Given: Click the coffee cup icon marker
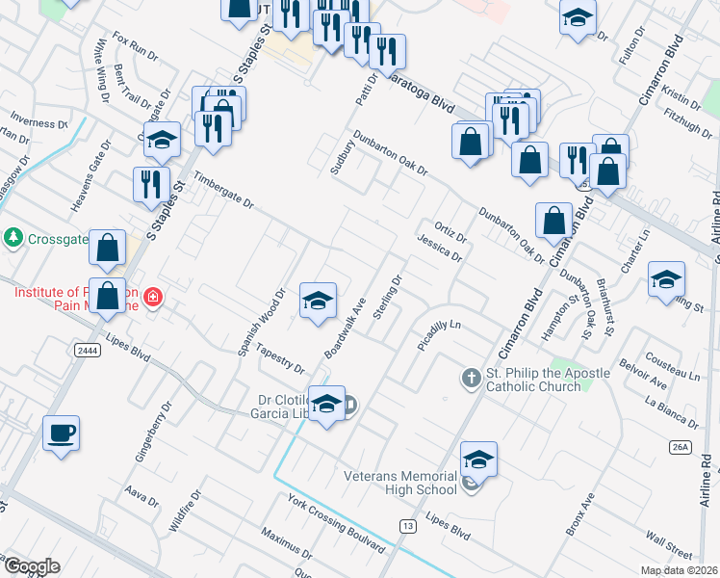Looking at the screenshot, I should click(61, 433).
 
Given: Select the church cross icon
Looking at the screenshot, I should click(471, 377).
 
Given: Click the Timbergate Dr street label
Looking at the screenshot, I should click(222, 191).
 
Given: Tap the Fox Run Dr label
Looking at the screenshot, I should click(135, 46).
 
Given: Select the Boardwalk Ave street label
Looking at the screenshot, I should click(346, 328).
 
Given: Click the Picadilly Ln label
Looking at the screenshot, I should click(441, 331).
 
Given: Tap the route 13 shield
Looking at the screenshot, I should click(409, 525).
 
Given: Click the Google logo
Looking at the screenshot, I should click(31, 566).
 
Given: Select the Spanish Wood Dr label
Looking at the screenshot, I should click(263, 322).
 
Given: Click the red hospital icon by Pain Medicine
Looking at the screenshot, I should click(153, 299).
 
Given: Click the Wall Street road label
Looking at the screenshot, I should click(669, 544).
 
